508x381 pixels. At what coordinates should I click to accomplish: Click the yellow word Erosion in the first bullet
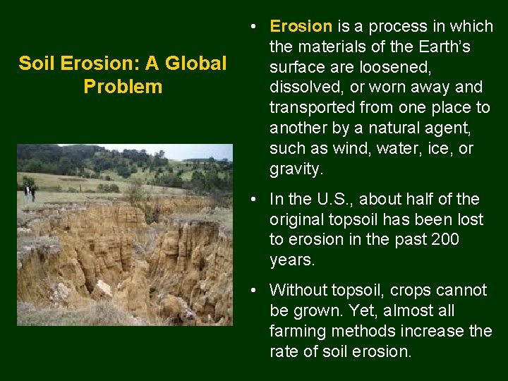(301, 27)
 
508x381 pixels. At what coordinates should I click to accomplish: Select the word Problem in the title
(123, 87)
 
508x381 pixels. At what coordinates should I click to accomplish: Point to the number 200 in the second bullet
(445, 240)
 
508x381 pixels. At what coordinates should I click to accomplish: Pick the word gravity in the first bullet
(295, 169)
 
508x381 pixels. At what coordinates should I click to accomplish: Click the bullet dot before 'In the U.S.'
(252, 200)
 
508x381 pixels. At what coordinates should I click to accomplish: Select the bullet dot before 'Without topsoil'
(252, 291)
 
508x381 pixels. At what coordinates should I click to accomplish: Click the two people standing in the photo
(28, 193)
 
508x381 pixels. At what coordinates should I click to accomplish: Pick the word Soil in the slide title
(35, 64)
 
